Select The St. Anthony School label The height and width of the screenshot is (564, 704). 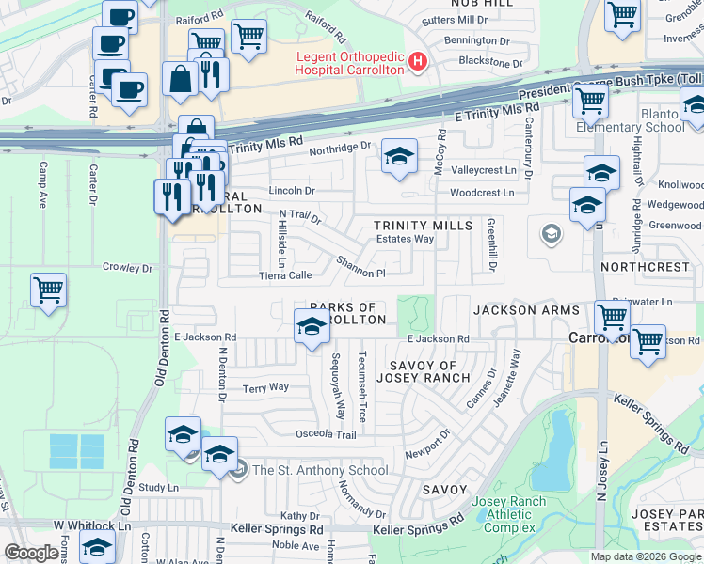point(319,470)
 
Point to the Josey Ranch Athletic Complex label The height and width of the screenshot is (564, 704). point(508,513)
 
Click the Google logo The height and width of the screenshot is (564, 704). point(32,553)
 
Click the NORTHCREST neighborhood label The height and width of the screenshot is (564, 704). point(650,267)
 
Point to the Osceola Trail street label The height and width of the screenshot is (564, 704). point(328,434)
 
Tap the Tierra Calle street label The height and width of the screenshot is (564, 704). point(285,275)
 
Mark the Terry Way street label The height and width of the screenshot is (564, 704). point(265,387)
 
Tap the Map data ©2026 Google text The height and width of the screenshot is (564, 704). point(645,556)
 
